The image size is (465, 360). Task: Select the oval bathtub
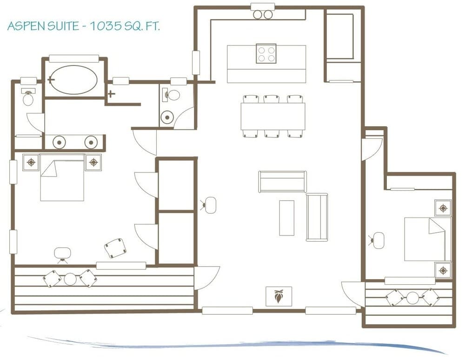(x=73, y=79)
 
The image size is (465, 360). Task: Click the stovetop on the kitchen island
(x=266, y=53)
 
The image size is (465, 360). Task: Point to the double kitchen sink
(x=263, y=15)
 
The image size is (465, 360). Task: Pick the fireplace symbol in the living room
(x=279, y=296)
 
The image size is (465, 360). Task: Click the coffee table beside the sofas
(x=286, y=217)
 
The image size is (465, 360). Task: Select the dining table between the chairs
(x=272, y=116)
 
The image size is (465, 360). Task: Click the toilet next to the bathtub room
(x=28, y=98)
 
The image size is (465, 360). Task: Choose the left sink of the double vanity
(x=59, y=142)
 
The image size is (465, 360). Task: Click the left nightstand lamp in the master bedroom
(x=31, y=162)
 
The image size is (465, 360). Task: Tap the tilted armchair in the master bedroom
(x=115, y=248)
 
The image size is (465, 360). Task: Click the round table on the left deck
(x=70, y=279)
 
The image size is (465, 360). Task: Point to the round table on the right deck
(x=412, y=298)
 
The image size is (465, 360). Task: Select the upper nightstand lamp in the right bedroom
(x=443, y=208)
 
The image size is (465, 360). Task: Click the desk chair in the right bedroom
(x=378, y=240)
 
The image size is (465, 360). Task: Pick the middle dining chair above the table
(x=272, y=98)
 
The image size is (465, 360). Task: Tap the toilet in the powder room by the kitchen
(x=173, y=95)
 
